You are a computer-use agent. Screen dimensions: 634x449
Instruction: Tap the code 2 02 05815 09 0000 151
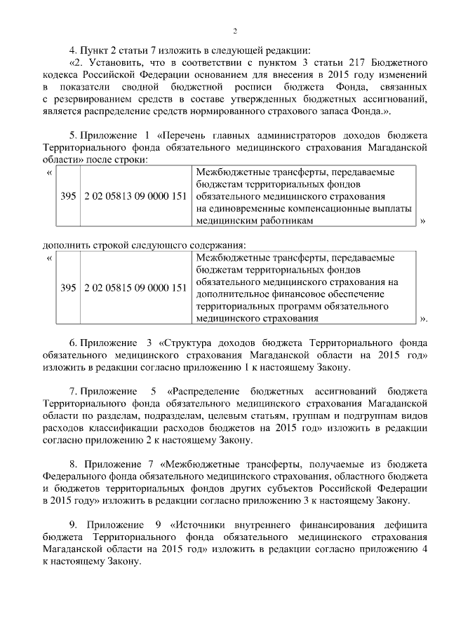point(134,288)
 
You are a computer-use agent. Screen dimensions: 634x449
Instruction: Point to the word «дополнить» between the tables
point(65,245)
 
